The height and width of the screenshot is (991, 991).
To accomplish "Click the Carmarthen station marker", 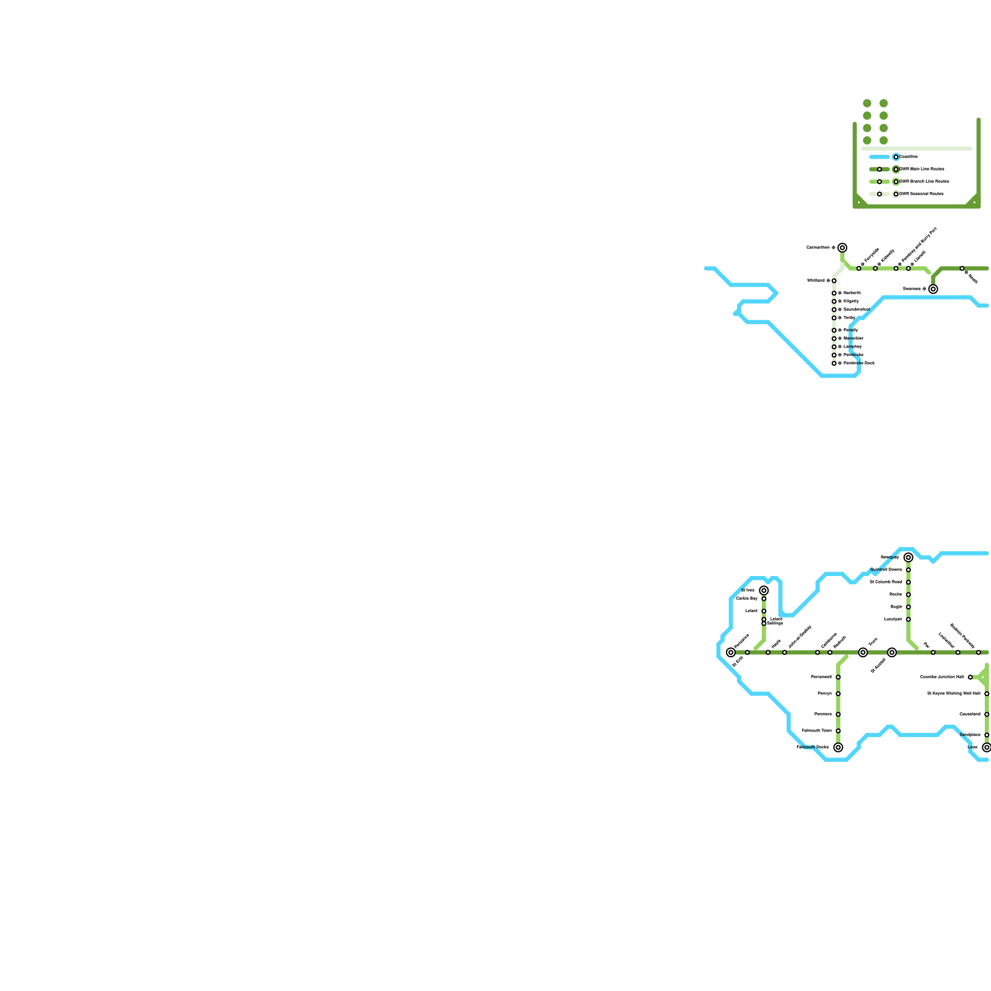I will tap(842, 248).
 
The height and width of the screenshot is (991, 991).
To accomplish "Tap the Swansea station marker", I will tap(933, 289).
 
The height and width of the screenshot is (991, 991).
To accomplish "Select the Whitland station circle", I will tap(834, 281).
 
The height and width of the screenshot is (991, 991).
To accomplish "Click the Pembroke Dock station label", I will tap(859, 363).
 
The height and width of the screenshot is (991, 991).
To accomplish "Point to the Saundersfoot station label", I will tap(857, 309).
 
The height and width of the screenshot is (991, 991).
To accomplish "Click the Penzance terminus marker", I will tap(731, 652).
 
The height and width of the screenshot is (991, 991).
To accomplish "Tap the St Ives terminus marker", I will tap(764, 590).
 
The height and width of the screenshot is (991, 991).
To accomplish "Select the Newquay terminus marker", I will tap(909, 557).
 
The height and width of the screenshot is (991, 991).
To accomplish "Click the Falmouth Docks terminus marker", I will tap(838, 748).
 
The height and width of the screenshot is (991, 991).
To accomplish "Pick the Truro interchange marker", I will tap(863, 652).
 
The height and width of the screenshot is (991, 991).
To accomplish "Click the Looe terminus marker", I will tap(987, 748).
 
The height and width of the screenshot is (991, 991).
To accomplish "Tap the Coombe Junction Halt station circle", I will tap(971, 677).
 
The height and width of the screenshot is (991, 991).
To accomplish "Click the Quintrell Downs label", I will tap(886, 569).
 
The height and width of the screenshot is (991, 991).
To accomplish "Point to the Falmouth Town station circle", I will tap(838, 731).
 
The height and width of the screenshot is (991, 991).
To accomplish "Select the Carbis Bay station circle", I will tap(764, 599).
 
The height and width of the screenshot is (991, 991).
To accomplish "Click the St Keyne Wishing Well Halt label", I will tap(954, 694).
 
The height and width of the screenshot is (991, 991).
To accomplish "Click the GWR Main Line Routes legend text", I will tap(922, 169).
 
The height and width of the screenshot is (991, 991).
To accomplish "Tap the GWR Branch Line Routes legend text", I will tap(925, 181).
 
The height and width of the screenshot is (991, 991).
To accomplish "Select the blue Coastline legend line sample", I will tap(880, 157).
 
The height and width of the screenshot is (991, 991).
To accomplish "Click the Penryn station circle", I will tap(838, 694).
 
